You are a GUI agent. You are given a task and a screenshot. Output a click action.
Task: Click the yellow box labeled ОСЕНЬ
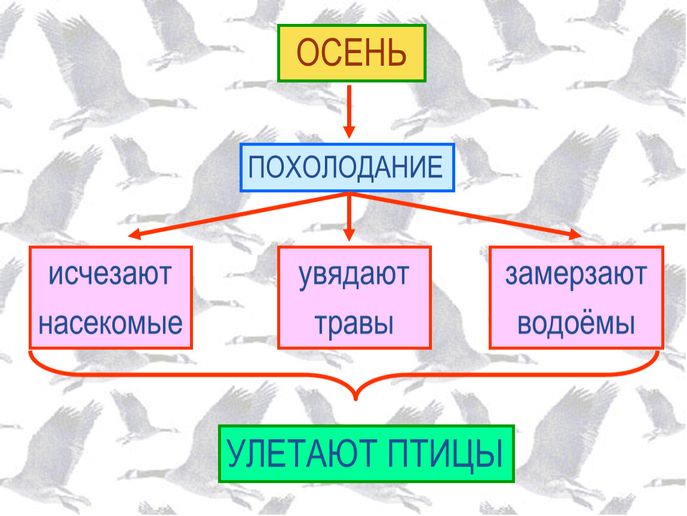tap(351, 53)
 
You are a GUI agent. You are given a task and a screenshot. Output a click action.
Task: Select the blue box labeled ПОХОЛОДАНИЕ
tap(347, 167)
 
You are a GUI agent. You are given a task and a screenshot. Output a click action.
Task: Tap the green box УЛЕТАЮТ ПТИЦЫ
tap(366, 454)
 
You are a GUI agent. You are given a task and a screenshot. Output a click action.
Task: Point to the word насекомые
tap(111, 323)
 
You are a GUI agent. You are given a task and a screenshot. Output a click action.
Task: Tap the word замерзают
tap(576, 275)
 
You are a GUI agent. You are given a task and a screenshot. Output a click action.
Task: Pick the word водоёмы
tap(576, 323)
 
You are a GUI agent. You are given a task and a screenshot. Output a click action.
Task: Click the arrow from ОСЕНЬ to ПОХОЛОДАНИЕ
tap(349, 112)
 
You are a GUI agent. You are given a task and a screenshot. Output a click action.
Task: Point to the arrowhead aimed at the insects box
tap(134, 235)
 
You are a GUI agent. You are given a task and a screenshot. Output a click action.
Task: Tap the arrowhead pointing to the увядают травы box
tap(349, 235)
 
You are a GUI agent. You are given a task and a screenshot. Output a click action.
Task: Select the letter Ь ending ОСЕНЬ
tap(397, 53)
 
